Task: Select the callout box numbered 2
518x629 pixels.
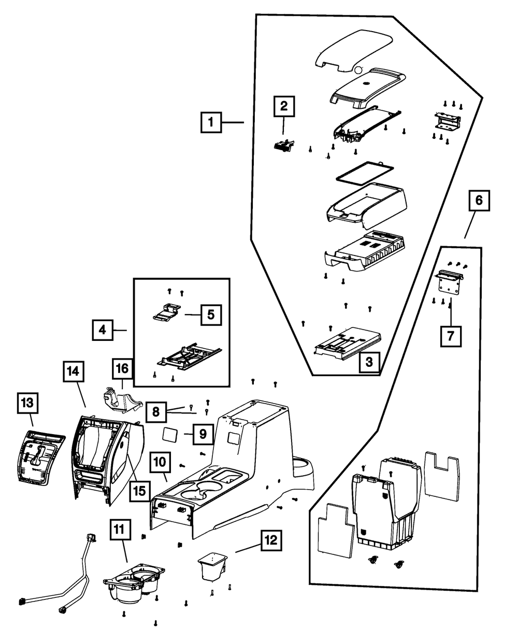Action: [x=283, y=107]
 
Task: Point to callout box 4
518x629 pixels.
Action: [x=103, y=330]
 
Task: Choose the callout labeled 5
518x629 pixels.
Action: [x=210, y=314]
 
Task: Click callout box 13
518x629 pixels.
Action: [x=28, y=403]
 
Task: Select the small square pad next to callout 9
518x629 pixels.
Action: [x=172, y=434]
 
